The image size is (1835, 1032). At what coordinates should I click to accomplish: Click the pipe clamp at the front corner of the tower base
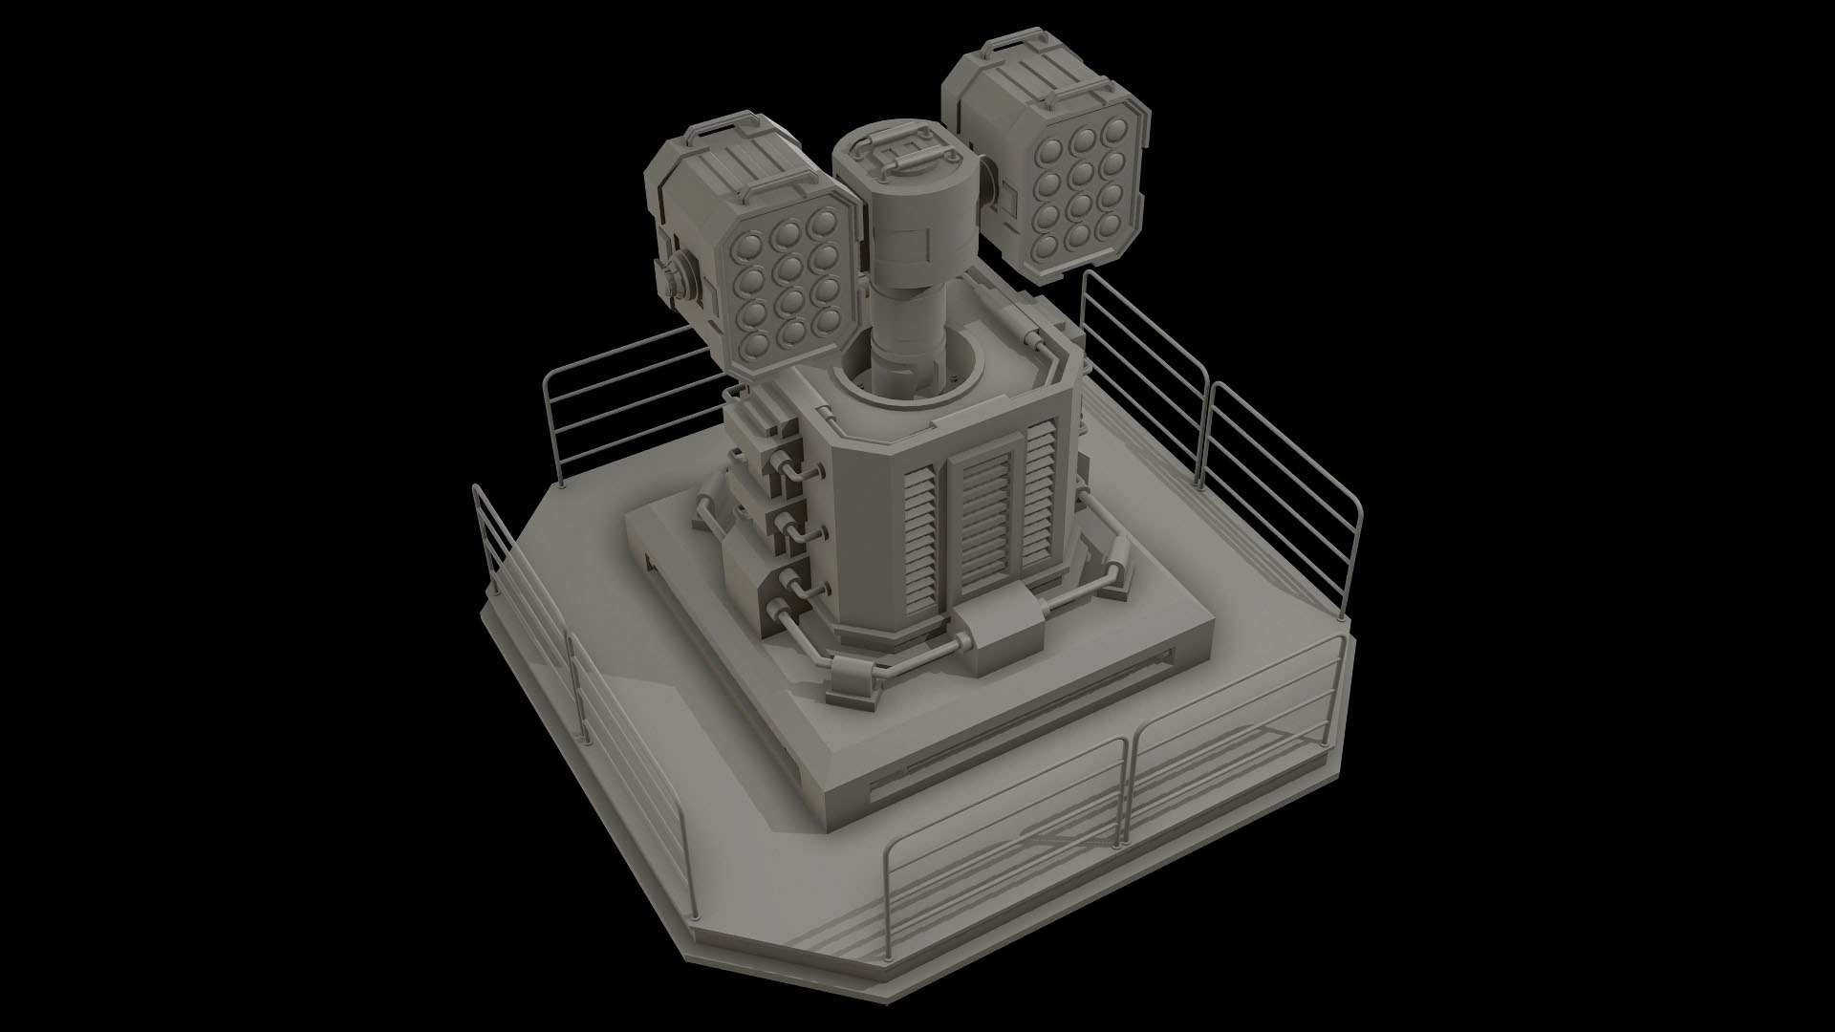853,677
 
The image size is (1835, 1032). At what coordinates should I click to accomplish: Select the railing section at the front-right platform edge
1233,745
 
